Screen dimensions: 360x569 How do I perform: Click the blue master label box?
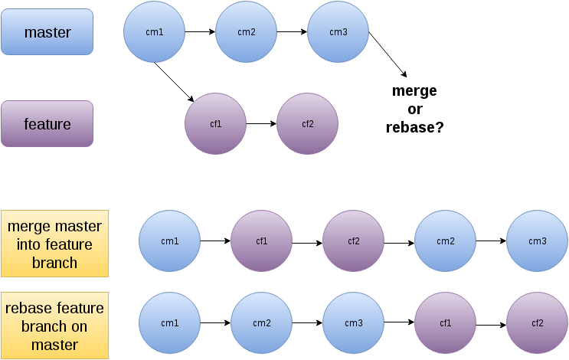47,32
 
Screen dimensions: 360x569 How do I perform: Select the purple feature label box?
47,123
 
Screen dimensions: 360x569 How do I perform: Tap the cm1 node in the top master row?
155,32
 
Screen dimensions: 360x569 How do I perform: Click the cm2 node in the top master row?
246,32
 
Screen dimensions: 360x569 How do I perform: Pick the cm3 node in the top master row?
338,32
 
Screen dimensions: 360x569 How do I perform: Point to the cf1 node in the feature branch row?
215,123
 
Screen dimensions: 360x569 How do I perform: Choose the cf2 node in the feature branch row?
307,123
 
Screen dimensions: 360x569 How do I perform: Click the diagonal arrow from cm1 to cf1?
174,82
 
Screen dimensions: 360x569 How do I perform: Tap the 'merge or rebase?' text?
414,109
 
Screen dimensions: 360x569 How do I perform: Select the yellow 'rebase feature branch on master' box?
54,325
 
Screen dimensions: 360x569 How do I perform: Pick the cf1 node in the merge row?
261,241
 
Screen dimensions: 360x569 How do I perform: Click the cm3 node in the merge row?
537,241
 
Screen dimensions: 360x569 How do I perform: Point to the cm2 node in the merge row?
445,241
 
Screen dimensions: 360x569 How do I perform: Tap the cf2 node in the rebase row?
537,323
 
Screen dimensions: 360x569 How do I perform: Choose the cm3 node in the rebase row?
353,323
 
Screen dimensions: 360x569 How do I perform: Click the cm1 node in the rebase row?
169,323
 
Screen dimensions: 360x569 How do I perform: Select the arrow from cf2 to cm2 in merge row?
399,243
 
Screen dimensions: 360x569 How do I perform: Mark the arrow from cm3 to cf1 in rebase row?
399,324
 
